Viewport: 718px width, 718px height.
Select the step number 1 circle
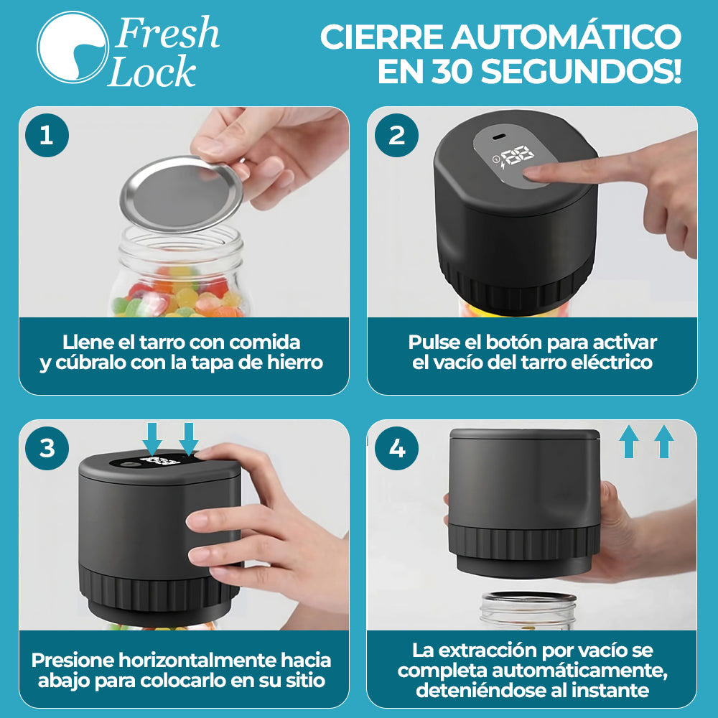47,135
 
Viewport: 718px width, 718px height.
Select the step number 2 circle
397,135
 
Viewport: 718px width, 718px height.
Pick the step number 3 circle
47,449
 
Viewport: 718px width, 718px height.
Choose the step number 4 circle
397,449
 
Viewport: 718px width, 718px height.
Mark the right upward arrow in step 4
664,441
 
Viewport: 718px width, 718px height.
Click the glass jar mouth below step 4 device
528,600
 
